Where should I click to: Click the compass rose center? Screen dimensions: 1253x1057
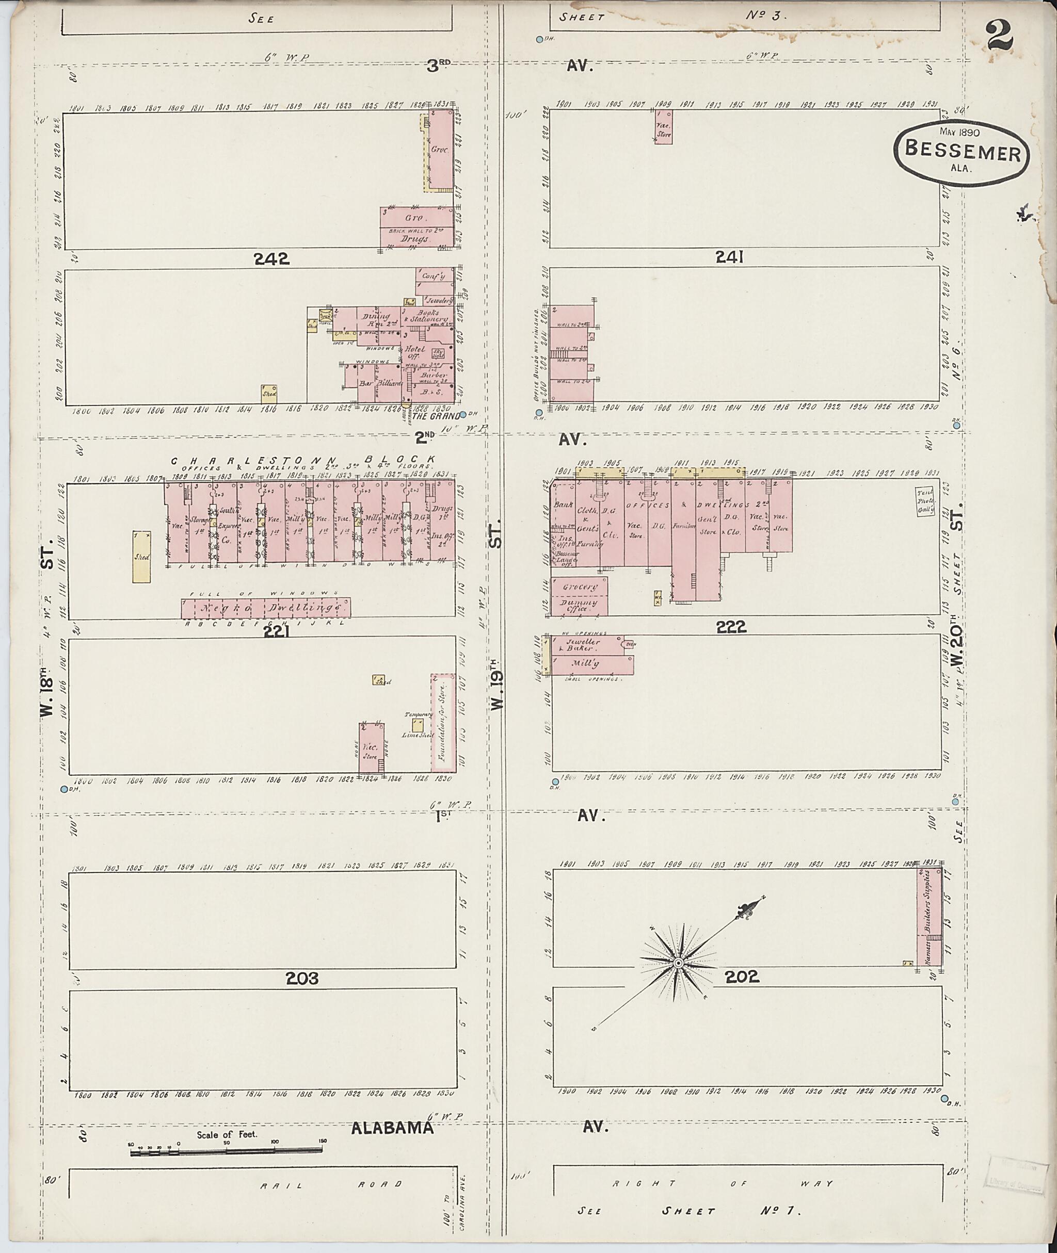pos(678,963)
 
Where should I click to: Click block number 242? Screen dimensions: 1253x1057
pos(271,259)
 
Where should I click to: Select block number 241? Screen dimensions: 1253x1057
pos(729,257)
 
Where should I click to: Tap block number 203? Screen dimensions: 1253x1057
pos(301,978)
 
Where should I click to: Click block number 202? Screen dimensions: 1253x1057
pos(742,977)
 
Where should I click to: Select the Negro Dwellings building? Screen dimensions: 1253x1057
pos(266,608)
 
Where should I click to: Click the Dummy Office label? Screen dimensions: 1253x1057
pos(579,606)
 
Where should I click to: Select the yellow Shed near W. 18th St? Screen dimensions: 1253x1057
pos(142,556)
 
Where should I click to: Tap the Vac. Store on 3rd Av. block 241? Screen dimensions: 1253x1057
pos(663,127)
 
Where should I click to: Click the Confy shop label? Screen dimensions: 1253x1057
pos(433,276)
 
